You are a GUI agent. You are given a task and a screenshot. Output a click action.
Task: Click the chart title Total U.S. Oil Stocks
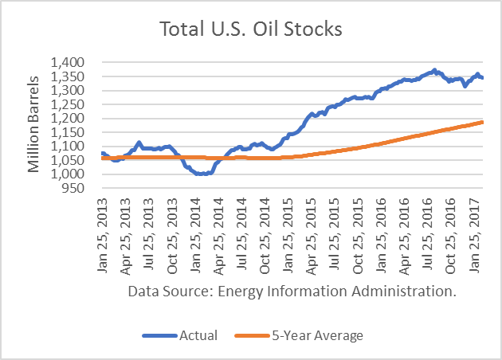click(251, 31)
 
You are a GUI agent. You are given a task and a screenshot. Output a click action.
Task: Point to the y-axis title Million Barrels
click(34, 124)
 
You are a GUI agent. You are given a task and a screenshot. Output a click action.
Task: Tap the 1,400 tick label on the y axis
click(75, 62)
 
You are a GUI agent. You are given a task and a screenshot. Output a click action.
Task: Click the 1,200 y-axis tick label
click(75, 119)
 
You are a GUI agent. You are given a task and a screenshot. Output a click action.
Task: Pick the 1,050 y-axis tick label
click(75, 161)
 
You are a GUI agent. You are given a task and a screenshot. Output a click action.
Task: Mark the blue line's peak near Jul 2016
click(434, 70)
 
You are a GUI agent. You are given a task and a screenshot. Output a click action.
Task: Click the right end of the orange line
click(483, 122)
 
